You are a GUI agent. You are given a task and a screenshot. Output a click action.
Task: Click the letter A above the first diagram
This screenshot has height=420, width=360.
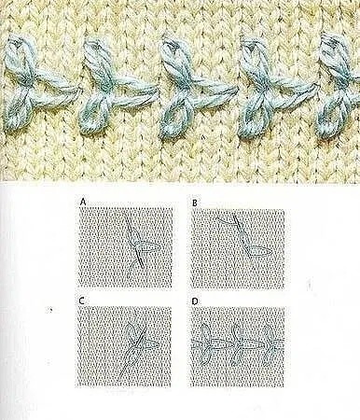(x=83, y=203)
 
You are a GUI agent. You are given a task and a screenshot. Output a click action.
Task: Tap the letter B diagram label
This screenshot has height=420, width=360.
(x=195, y=203)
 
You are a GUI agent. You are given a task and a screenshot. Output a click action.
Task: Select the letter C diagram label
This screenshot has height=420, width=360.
(x=81, y=301)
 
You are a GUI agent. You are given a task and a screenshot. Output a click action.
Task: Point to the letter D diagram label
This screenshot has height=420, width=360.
(x=195, y=301)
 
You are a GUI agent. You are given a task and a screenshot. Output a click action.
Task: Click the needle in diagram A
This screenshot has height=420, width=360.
(x=134, y=241)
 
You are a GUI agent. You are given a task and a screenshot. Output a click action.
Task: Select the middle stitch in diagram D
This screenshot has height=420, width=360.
(x=240, y=344)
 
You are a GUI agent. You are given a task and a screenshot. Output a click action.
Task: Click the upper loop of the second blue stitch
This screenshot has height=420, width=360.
(x=94, y=58)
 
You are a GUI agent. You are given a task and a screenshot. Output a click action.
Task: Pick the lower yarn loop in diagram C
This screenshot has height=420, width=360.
(x=132, y=357)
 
